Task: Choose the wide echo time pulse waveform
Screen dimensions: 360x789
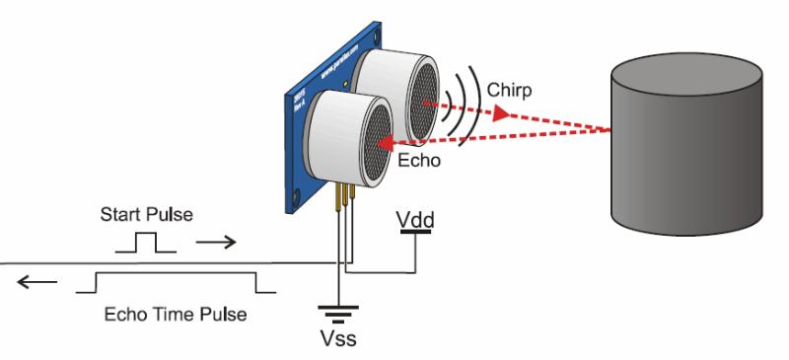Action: pyautogui.click(x=176, y=282)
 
